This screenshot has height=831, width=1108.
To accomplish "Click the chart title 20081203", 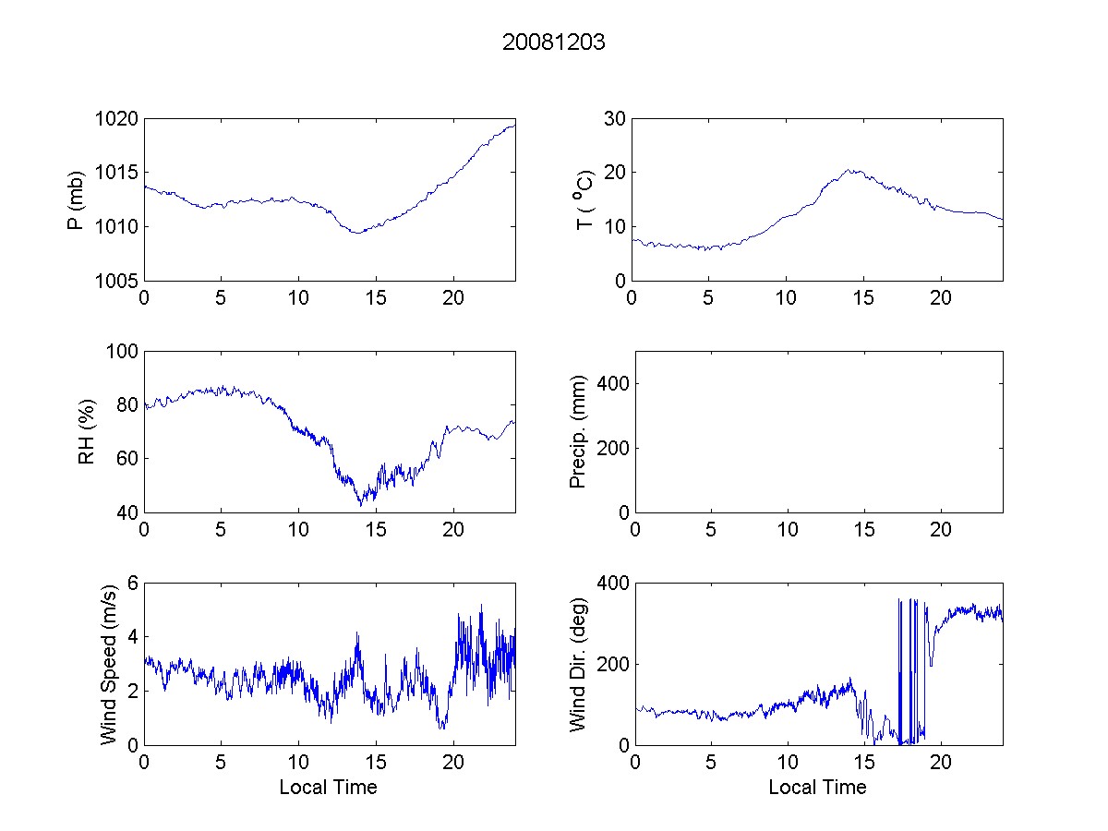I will point(553,42).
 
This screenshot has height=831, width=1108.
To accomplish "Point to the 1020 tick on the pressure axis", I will point(119,119).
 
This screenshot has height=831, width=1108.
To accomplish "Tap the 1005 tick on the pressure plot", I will point(119,281).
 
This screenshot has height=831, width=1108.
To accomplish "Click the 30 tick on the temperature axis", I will point(615,119).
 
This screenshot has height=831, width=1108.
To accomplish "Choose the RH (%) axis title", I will point(87,431).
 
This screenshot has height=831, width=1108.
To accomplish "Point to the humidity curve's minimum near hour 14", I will point(361,505).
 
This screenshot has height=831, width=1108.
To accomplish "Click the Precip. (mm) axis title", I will point(579,431).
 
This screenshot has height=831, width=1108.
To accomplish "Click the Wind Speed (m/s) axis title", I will point(109,664).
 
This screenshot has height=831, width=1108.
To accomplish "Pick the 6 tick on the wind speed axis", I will point(132,583).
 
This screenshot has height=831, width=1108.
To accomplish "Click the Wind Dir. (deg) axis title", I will point(579,664).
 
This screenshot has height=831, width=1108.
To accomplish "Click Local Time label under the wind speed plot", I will point(328,788).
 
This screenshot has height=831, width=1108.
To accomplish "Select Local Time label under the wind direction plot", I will point(817,788).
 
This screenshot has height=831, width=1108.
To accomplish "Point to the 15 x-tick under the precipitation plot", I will point(863,530).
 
